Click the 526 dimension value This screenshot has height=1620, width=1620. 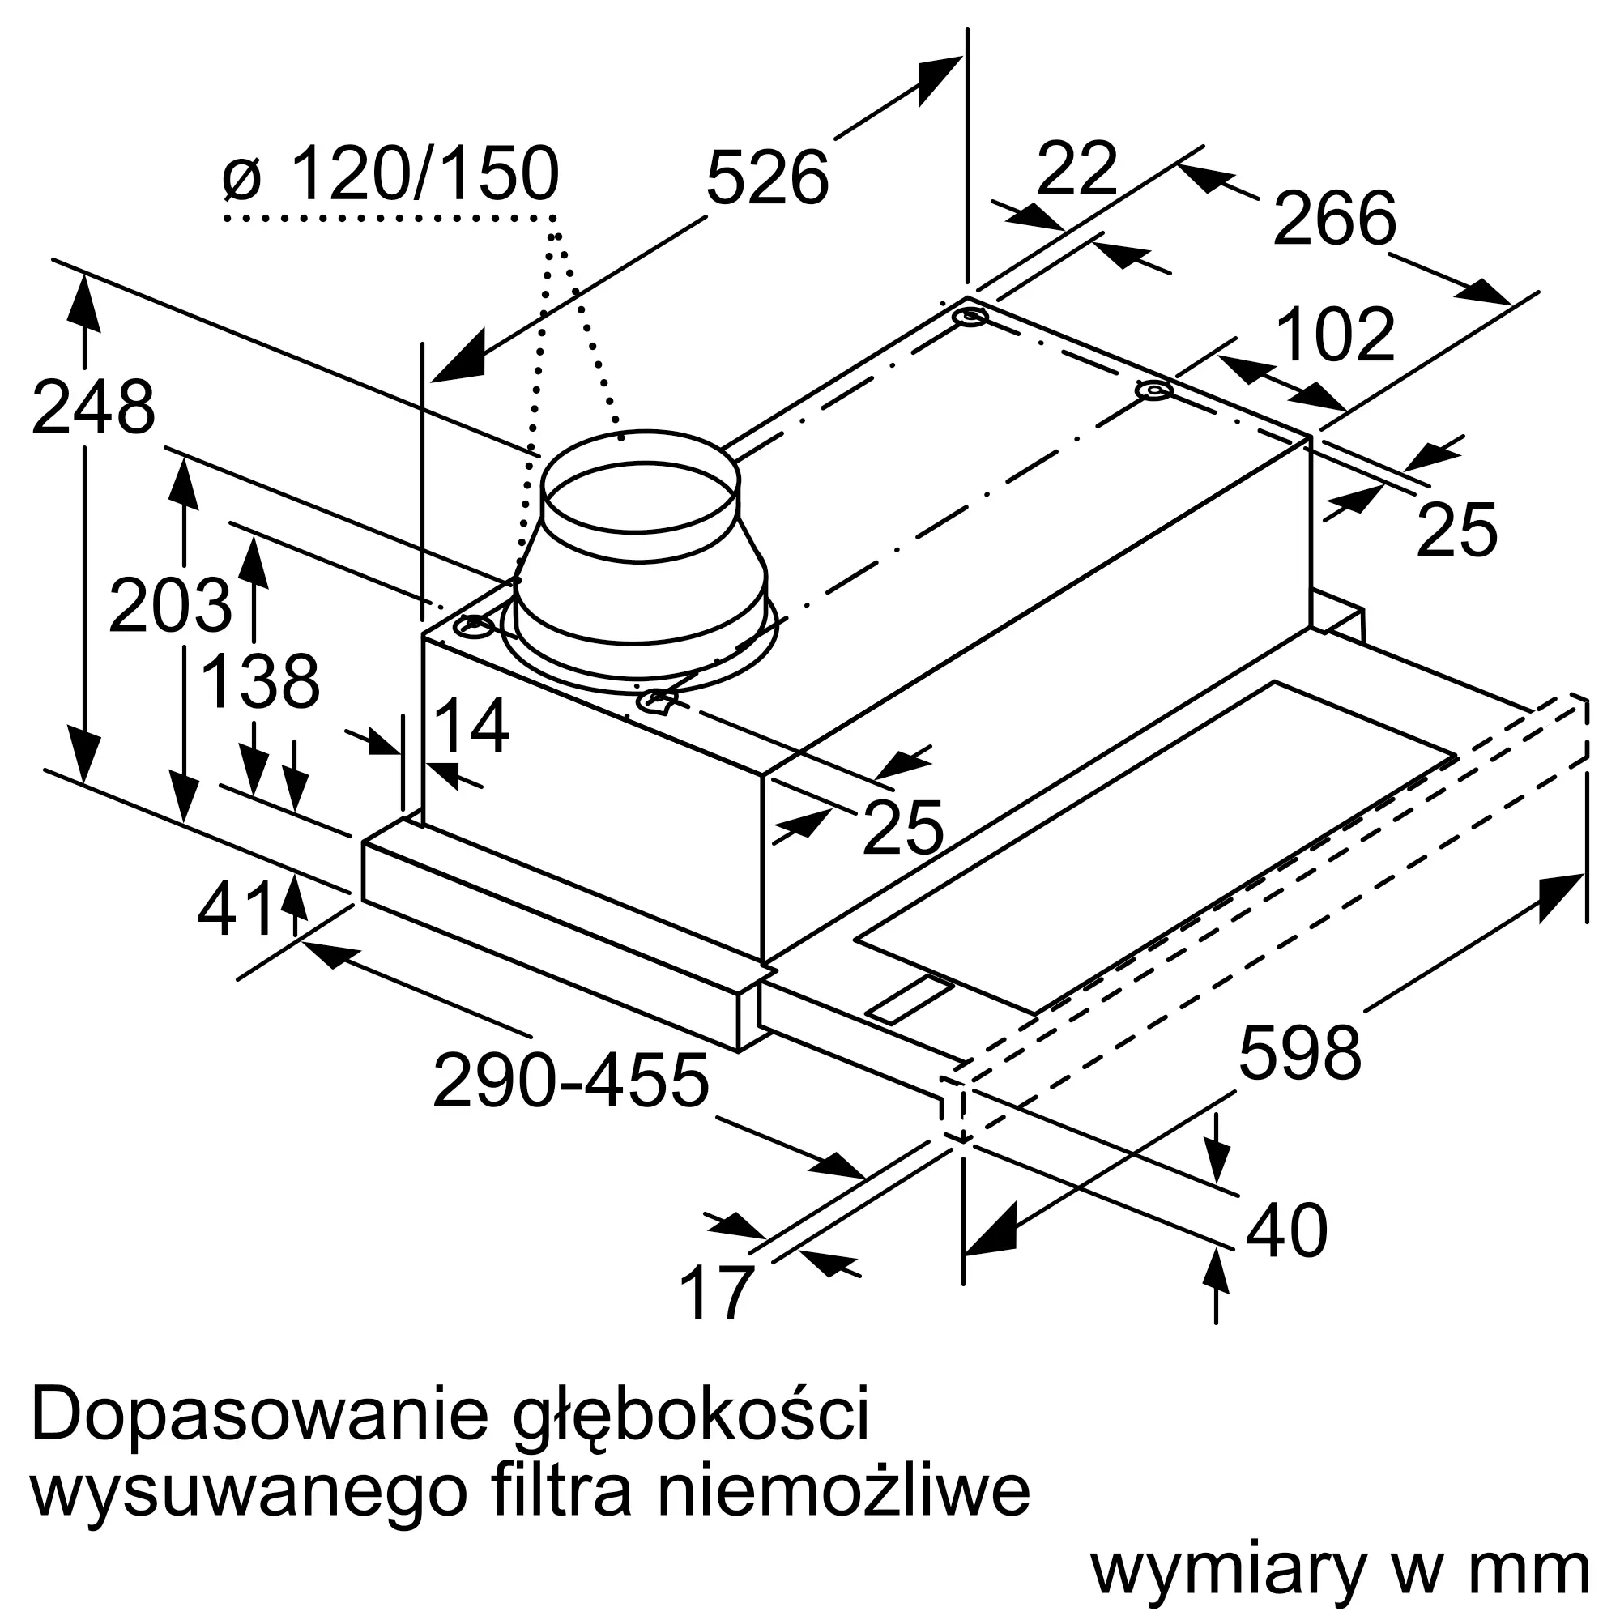click(767, 177)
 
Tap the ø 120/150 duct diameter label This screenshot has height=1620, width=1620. click(390, 173)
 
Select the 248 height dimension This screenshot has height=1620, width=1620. click(93, 408)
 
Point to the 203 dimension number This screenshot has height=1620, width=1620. click(170, 604)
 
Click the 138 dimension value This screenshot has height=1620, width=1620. click(261, 681)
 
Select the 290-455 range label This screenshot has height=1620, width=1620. click(571, 1081)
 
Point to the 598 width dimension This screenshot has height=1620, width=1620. click(1300, 1053)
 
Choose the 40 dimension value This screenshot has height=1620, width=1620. click(1287, 1230)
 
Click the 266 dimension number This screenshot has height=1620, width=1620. click(1335, 218)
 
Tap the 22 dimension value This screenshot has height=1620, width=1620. click(1077, 168)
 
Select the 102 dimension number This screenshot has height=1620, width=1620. click(1336, 335)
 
